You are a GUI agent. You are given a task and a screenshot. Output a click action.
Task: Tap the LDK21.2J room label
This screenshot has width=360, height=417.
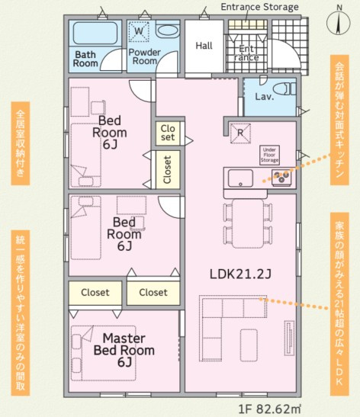tap(240, 274)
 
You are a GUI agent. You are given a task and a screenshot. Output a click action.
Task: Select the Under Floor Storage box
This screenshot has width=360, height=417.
tap(269, 155)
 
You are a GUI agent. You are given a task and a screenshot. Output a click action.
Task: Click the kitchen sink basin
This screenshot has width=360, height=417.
tap(240, 178)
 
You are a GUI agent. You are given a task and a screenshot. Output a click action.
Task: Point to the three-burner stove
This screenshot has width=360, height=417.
tap(281, 178)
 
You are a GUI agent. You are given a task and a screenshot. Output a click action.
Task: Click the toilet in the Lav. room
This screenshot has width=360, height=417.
tap(286, 89)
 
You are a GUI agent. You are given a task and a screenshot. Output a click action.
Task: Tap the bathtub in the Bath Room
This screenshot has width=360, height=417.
tap(95, 33)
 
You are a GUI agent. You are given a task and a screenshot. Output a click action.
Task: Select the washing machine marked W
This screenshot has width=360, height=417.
tap(139, 31)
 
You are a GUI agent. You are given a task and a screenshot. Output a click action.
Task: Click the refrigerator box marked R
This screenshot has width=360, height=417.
tap(240, 133)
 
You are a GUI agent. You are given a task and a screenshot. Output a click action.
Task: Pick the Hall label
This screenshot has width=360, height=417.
tap(204, 46)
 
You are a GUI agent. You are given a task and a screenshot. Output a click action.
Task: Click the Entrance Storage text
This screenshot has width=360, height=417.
tap(259, 7)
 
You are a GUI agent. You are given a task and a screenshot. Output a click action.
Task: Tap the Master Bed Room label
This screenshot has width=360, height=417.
tap(124, 350)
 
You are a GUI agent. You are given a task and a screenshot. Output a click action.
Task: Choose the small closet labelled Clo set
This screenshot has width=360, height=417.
tap(168, 133)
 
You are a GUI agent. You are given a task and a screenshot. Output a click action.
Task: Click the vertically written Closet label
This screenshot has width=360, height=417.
tap(167, 170)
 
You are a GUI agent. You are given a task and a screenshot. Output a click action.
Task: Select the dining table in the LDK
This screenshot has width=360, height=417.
tap(248, 223)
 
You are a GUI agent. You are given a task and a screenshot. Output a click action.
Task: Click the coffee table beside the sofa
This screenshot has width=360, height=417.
tap(249, 345)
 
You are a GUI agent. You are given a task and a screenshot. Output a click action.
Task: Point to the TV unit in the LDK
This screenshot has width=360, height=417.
tap(290, 338)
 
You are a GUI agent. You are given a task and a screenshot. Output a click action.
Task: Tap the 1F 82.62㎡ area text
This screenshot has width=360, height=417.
tap(270, 409)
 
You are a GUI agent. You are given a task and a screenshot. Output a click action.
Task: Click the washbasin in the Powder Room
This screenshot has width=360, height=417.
tap(167, 31)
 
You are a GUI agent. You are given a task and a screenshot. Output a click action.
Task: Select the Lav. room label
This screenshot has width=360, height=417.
tap(264, 96)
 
